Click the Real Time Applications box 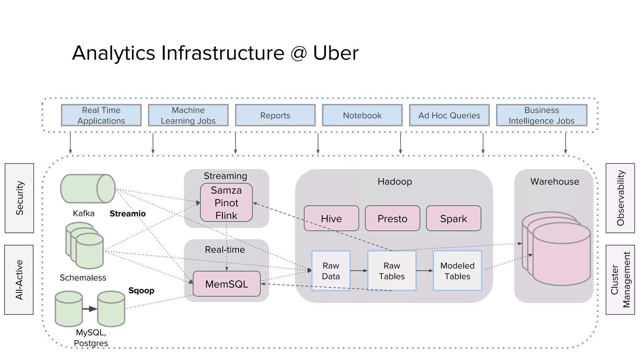101,115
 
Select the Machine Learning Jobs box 188,115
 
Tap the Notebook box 362,115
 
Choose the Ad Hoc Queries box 449,115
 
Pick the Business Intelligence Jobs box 541,115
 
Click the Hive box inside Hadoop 331,218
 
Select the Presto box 392,218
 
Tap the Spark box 453,218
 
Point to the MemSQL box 227,284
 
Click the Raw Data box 331,271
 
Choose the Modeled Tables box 457,271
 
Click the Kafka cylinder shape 87,189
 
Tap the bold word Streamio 127,214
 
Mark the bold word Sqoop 141,291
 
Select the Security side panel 19,198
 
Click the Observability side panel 620,198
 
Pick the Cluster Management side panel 620,280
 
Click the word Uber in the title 336,53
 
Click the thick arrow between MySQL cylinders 90,309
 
